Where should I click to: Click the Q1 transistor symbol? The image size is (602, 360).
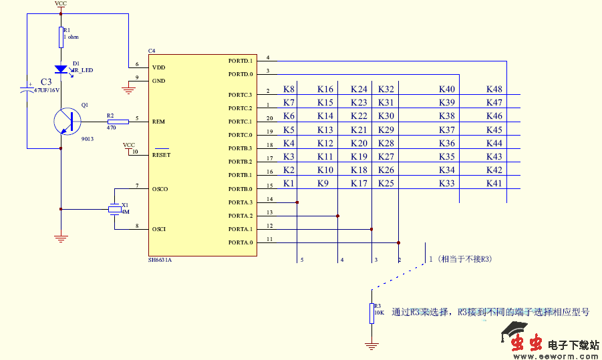click(x=67, y=122)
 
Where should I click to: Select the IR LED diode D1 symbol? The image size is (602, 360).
click(x=61, y=69)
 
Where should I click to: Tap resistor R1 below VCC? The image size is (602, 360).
click(x=61, y=37)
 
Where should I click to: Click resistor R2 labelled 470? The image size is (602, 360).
click(x=118, y=122)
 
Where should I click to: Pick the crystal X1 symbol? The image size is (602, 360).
click(x=115, y=210)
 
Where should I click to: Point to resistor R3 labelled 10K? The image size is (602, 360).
click(x=371, y=313)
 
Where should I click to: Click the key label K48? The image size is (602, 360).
click(x=494, y=89)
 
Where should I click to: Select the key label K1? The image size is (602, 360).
click(x=289, y=183)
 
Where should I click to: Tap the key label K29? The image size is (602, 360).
click(x=386, y=130)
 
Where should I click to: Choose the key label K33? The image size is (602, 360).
click(x=447, y=183)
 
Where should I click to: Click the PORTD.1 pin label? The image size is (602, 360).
click(x=241, y=61)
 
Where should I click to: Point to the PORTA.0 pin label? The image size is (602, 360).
click(x=241, y=242)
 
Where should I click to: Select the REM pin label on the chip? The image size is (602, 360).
click(x=158, y=122)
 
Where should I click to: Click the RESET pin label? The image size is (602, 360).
click(x=161, y=155)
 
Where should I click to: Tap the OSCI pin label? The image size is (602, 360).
click(x=159, y=229)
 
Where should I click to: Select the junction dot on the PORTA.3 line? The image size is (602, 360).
click(x=297, y=202)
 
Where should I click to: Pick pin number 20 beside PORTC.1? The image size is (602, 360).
click(x=269, y=118)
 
